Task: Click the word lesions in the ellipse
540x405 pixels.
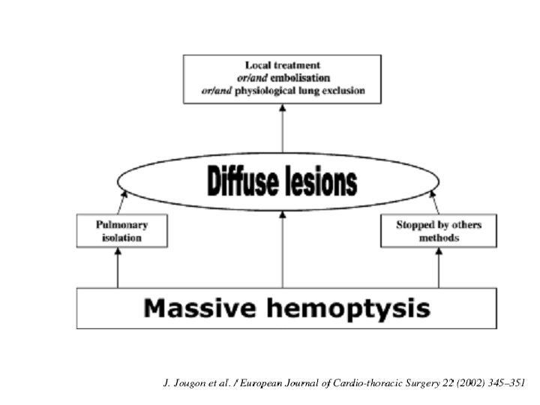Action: (322, 181)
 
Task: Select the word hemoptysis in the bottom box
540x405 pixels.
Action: (349, 308)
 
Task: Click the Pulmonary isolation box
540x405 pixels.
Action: (122, 231)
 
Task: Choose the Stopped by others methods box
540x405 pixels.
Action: (439, 231)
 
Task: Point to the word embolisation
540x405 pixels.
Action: (300, 78)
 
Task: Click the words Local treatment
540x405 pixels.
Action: (283, 65)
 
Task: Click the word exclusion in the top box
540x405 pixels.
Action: (343, 91)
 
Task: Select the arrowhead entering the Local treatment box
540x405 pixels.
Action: (283, 107)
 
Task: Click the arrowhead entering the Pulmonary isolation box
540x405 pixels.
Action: (118, 251)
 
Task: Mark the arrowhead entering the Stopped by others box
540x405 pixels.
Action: (439, 251)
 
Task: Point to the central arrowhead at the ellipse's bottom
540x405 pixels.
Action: (283, 214)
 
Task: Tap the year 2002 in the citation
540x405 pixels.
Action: (471, 383)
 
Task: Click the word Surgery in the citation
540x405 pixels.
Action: (422, 383)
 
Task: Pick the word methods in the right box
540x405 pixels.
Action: (439, 238)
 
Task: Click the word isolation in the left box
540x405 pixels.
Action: (122, 238)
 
